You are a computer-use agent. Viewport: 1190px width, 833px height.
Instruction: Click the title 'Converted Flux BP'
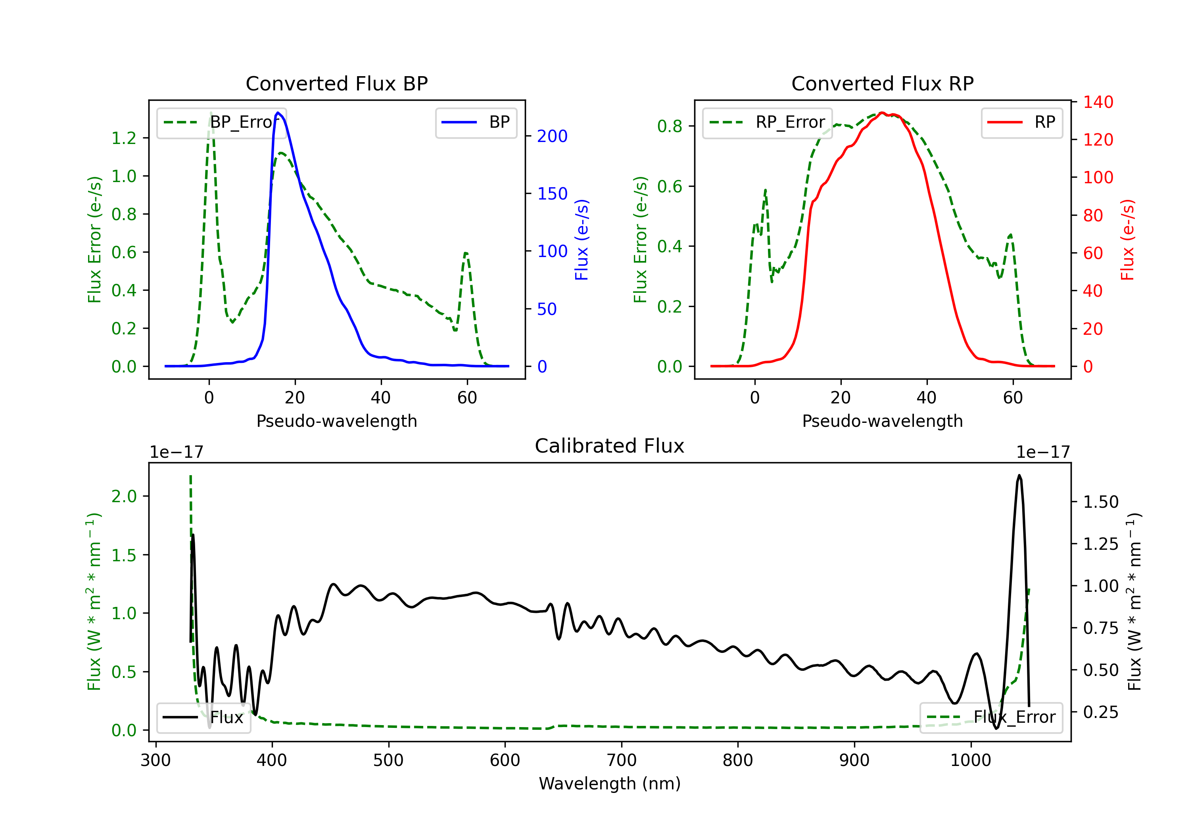[x=336, y=83]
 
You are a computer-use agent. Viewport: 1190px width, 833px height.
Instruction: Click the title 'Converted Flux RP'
[x=882, y=83]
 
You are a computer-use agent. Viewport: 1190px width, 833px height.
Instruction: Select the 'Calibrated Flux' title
[x=610, y=446]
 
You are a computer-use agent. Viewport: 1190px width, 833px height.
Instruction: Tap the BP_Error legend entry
[x=221, y=122]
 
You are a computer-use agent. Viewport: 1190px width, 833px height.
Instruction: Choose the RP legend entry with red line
[x=1021, y=122]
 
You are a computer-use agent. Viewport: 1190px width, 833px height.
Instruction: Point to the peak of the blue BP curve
[x=278, y=113]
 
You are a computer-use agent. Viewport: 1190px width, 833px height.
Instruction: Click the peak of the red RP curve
[x=882, y=113]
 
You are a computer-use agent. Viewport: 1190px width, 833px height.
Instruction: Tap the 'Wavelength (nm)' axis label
[x=610, y=783]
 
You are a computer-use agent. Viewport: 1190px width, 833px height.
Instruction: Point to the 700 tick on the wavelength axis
[x=622, y=760]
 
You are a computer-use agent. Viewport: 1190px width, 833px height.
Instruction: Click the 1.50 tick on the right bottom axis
[x=1101, y=502]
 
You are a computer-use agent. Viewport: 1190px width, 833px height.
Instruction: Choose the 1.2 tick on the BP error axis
[x=124, y=138]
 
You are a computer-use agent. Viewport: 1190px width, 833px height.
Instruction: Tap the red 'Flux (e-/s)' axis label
[x=1127, y=240]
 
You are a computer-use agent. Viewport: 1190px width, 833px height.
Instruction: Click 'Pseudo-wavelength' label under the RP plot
[x=882, y=421]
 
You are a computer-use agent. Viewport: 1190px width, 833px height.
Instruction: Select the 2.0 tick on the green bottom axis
[x=124, y=496]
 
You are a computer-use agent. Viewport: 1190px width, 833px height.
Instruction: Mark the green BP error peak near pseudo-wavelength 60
[x=466, y=253]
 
